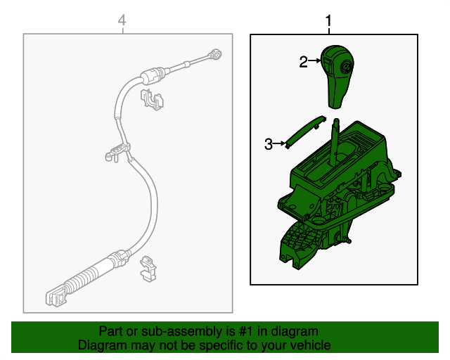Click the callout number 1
(x=328, y=22)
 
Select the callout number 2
(x=303, y=63)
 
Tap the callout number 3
(x=268, y=144)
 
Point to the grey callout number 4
(x=122, y=22)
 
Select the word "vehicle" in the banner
(x=309, y=346)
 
